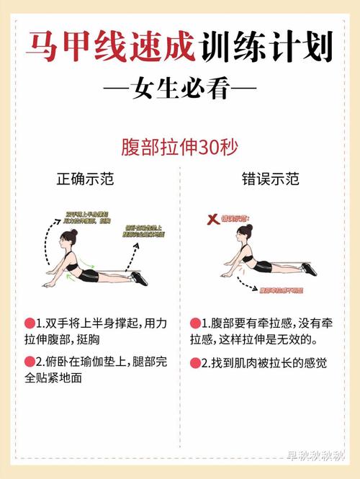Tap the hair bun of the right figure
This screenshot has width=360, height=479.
248,228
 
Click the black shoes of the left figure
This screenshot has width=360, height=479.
139,277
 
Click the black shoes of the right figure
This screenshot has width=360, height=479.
309,269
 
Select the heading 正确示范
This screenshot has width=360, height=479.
85,179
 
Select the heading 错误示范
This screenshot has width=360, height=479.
270,179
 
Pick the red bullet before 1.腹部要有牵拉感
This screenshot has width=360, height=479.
194,323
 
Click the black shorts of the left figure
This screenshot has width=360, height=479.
89,275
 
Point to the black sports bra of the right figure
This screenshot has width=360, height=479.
247,257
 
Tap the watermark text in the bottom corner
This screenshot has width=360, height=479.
317,455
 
